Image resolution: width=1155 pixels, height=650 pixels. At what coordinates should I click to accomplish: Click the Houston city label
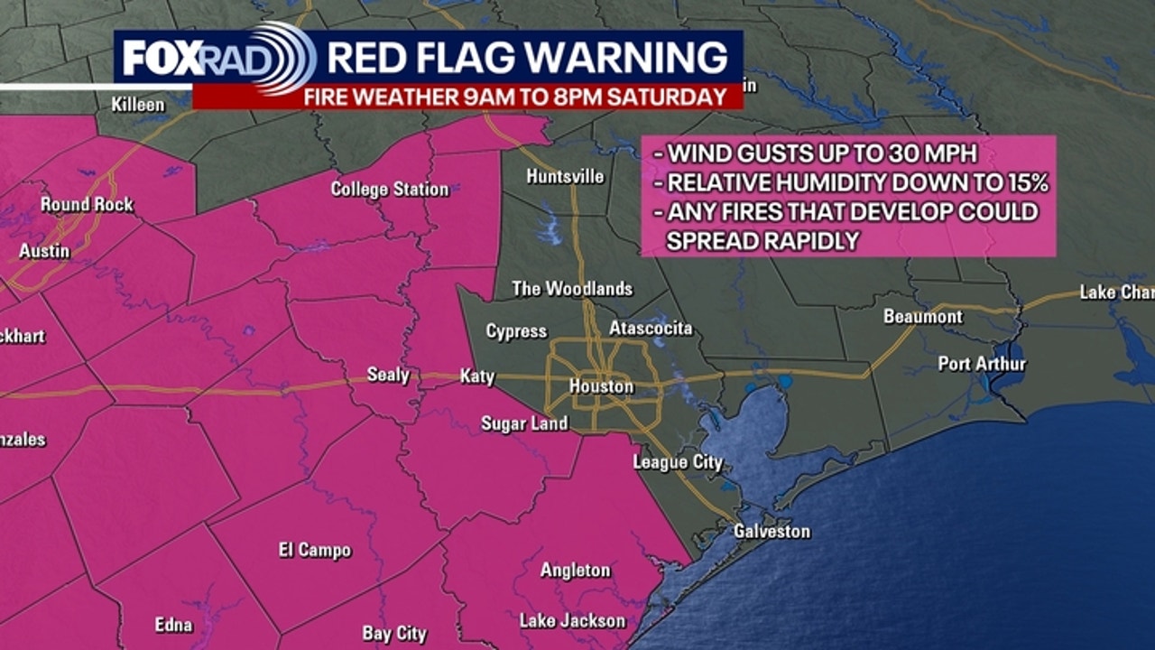point(601,386)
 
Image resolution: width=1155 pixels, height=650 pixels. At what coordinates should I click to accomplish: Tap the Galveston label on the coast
point(772,531)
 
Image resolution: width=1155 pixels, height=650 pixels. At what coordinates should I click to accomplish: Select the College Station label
point(389,189)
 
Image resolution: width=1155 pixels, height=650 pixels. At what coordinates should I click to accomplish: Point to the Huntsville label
point(565,176)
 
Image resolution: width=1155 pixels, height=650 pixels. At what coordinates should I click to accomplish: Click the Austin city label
point(44,251)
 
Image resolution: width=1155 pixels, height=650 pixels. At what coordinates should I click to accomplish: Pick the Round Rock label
point(87,205)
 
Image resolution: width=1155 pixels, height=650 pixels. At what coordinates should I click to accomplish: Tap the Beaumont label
point(923,317)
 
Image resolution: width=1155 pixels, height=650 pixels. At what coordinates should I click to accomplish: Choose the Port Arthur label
point(982,364)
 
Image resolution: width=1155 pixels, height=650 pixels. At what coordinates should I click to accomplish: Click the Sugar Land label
point(524,423)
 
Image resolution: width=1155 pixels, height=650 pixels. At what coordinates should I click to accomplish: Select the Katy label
point(477,376)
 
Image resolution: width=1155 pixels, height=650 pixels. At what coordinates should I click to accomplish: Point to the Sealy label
point(388,374)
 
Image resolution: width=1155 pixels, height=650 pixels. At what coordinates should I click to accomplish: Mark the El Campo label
point(315,550)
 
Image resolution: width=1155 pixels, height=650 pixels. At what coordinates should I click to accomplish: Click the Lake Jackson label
point(572,620)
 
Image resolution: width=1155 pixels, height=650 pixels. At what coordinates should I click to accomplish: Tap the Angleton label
point(575,571)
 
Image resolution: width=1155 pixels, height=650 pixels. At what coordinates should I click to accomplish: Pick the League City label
point(678,462)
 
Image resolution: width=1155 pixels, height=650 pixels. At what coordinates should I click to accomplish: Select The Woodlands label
point(572,289)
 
